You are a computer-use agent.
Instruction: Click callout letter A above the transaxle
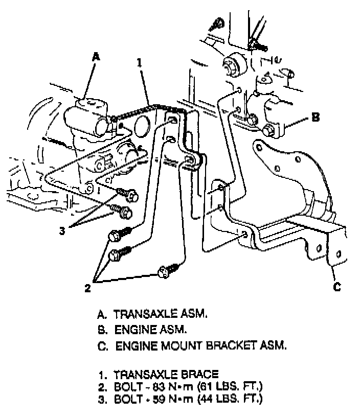click(95, 58)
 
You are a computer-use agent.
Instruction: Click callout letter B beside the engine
click(316, 118)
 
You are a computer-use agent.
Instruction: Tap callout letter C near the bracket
click(337, 287)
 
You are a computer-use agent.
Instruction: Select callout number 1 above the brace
click(139, 63)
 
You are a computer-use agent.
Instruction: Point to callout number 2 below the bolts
click(87, 288)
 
